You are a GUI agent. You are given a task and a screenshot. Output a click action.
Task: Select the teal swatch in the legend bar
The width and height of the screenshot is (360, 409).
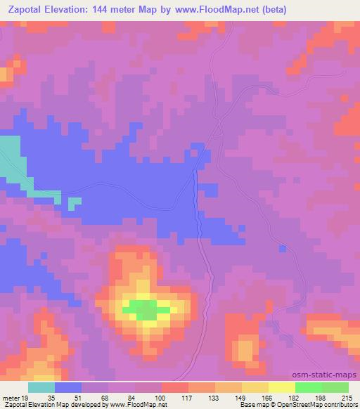[x=41, y=387]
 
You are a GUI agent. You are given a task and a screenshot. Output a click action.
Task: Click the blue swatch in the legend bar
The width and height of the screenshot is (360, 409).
[x=67, y=387]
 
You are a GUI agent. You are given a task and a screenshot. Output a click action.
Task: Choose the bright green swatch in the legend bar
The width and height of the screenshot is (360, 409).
[x=309, y=387]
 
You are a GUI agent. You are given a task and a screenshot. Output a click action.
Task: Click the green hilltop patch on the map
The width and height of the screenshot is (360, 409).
[x=146, y=309]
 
